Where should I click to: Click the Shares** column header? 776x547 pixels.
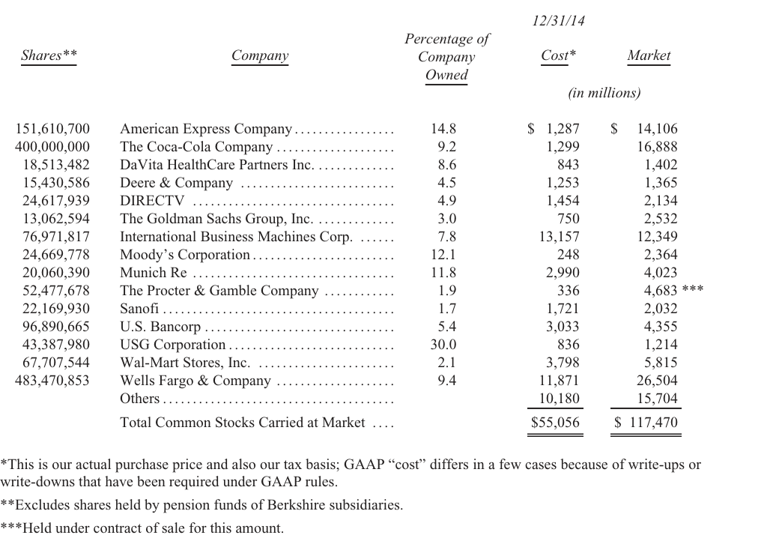pyautogui.click(x=49, y=55)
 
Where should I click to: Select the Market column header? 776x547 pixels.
pyautogui.click(x=649, y=55)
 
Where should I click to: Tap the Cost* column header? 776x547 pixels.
pyautogui.click(x=558, y=55)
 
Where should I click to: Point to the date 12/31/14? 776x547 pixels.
pyautogui.click(x=558, y=20)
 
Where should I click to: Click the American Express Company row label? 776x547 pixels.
pyautogui.click(x=206, y=129)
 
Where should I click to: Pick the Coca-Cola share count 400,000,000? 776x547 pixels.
pyautogui.click(x=52, y=147)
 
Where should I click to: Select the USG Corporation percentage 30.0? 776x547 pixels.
pyautogui.click(x=443, y=345)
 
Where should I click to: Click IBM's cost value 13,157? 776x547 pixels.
pyautogui.click(x=560, y=237)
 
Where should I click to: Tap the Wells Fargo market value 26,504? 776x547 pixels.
pyautogui.click(x=657, y=381)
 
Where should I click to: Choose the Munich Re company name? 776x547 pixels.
pyautogui.click(x=154, y=273)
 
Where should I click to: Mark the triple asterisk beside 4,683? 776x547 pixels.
pyautogui.click(x=692, y=288)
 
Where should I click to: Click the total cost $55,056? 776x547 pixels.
pyautogui.click(x=555, y=423)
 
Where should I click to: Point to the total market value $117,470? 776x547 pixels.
pyautogui.click(x=646, y=423)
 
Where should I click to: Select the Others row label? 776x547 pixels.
pyautogui.click(x=139, y=399)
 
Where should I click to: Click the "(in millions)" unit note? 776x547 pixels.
pyautogui.click(x=604, y=93)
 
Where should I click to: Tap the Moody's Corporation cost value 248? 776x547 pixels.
pyautogui.click(x=568, y=255)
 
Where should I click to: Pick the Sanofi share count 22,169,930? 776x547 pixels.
pyautogui.click(x=56, y=309)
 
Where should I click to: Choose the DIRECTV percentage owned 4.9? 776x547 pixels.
pyautogui.click(x=446, y=201)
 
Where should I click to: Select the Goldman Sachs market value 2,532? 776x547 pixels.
pyautogui.click(x=661, y=219)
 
